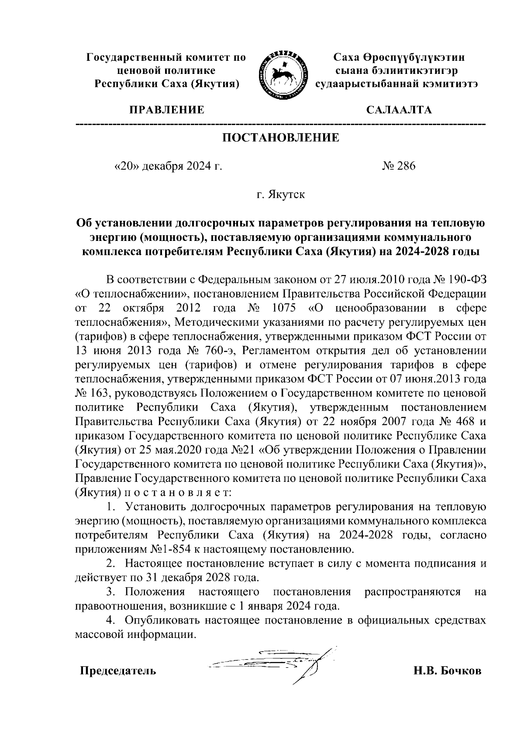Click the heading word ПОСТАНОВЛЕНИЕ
click(x=281, y=138)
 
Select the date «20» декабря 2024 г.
click(x=168, y=166)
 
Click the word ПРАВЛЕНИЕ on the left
click(x=166, y=110)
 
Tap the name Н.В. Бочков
click(x=448, y=671)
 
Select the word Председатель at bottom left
click(x=117, y=671)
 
